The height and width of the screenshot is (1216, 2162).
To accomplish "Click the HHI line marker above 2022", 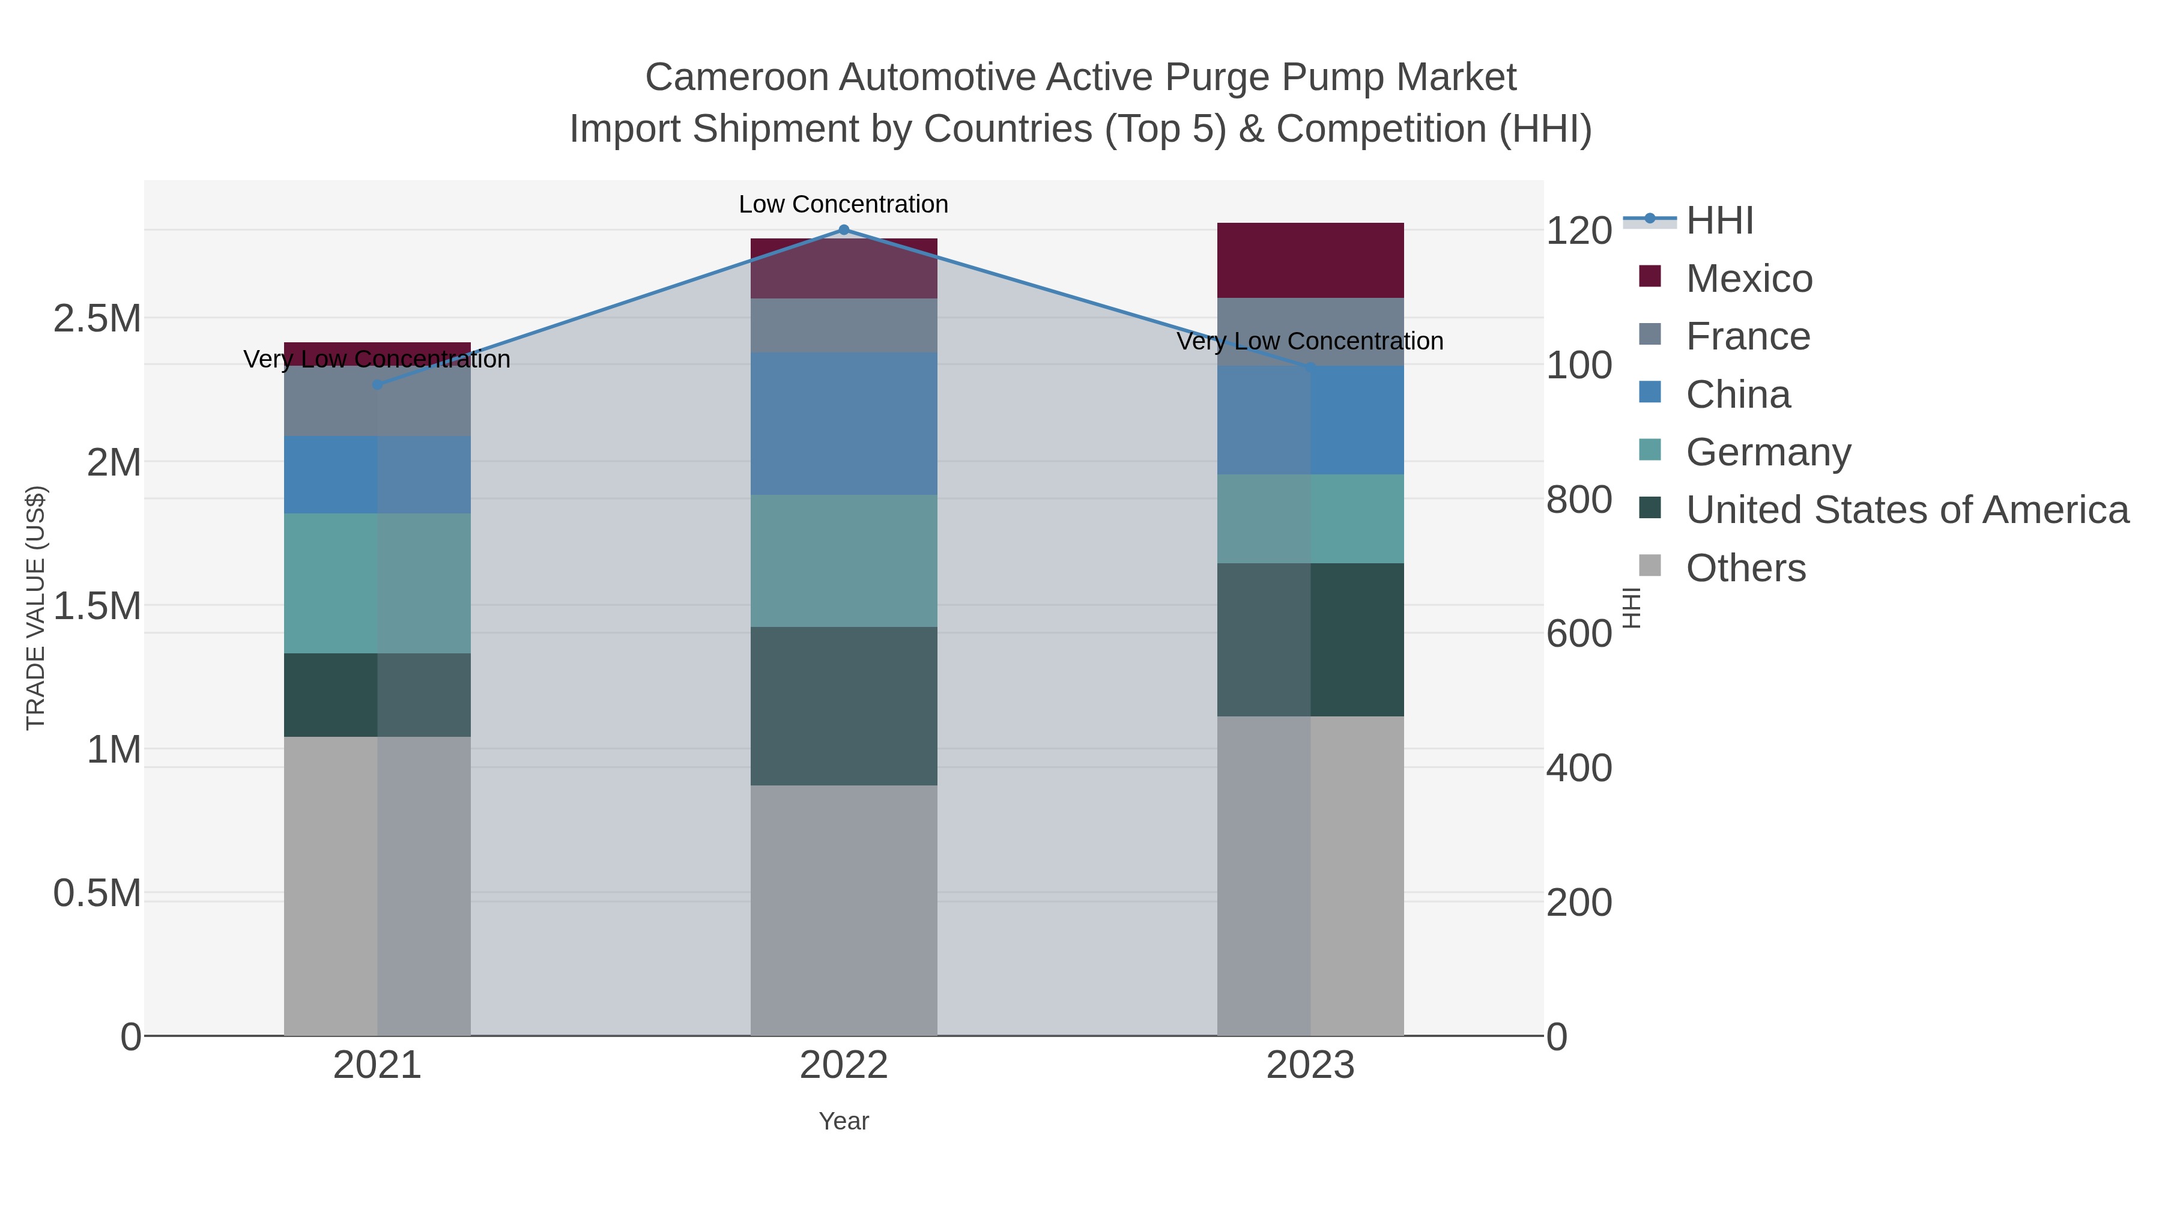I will point(844,230).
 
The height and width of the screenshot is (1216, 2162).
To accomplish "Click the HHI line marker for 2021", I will point(377,384).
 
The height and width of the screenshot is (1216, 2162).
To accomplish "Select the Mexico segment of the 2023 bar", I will point(1310,260).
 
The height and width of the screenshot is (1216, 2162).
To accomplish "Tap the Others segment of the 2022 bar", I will point(844,910).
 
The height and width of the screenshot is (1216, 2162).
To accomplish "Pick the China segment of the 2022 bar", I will point(844,424).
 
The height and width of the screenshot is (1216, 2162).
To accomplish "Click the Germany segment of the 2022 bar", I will point(844,561).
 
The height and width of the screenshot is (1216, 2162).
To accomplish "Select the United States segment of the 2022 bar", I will point(844,706).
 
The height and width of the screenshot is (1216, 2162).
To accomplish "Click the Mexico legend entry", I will point(1748,279).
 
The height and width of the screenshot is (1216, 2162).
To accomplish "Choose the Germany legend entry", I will point(1767,452).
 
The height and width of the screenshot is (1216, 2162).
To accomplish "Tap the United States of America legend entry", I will point(1906,510).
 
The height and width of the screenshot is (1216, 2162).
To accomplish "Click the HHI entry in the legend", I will point(1719,221).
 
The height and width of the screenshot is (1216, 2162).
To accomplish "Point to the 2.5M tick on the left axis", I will point(97,319).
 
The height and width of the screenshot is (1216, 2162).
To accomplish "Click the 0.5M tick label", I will point(97,894).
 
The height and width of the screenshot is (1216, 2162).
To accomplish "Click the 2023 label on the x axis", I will point(1310,1066).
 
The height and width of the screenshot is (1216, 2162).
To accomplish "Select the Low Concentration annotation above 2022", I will point(844,204).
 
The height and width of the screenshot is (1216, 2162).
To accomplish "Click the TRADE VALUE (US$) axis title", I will point(35,608).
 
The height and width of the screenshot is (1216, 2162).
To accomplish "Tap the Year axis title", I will point(844,1121).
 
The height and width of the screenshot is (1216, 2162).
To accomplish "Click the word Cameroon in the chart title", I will point(736,77).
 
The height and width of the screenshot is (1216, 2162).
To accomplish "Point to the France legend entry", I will point(1748,336).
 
